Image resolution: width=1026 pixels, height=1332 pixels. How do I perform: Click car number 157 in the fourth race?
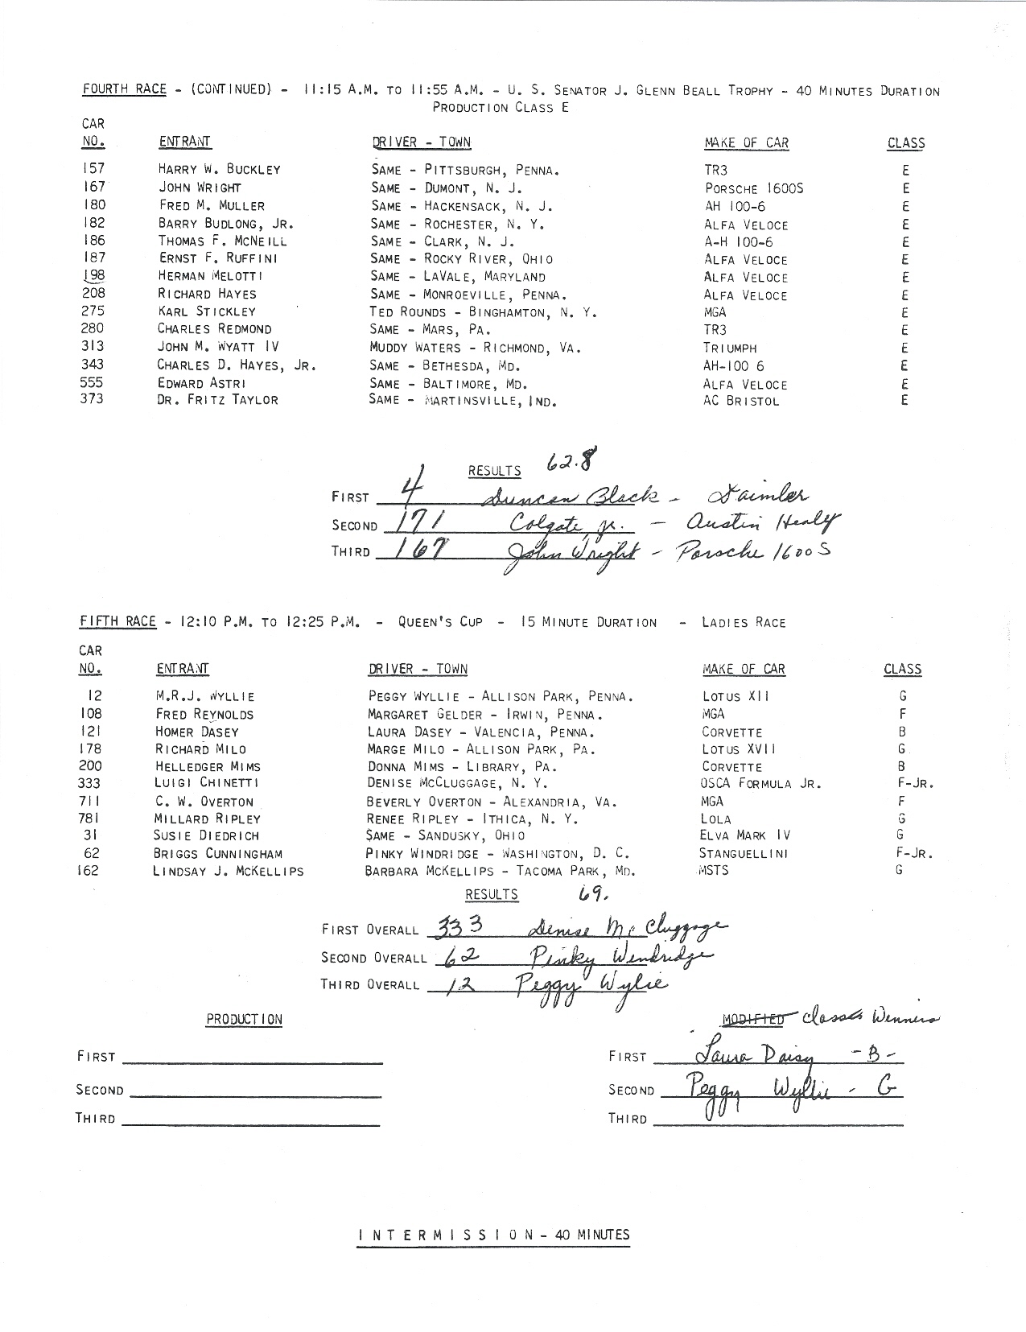click(93, 168)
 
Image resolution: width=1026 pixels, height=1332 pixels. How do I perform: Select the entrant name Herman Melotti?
click(210, 276)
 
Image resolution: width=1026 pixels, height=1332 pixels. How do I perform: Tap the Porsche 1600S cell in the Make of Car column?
click(753, 188)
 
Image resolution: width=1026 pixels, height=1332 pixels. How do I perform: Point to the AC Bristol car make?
click(741, 401)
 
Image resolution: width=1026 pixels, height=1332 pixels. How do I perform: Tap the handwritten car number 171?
click(417, 525)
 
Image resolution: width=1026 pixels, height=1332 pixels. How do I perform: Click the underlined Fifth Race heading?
click(117, 621)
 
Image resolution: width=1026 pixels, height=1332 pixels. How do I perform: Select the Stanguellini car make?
click(744, 853)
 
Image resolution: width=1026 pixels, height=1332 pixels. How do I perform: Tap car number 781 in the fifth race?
click(89, 818)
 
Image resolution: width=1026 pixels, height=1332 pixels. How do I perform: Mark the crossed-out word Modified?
click(752, 1020)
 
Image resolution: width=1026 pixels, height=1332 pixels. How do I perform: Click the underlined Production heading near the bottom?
click(244, 1019)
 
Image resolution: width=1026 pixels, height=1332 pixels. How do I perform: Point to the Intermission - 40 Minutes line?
click(493, 1235)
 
